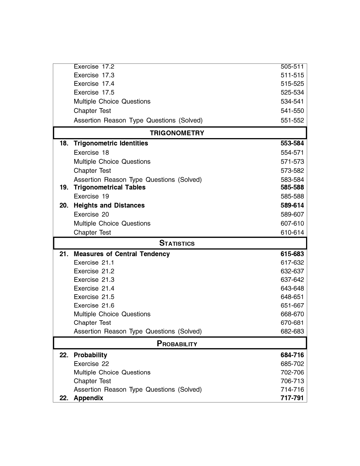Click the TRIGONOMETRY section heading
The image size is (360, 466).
[x=177, y=133]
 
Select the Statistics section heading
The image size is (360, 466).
[x=177, y=243]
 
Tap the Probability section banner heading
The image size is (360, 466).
[x=177, y=344]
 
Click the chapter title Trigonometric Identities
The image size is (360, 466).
[x=111, y=143]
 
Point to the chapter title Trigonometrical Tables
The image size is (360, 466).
[x=110, y=187]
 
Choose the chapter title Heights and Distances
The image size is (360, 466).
[x=109, y=205]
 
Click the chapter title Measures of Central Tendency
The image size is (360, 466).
[x=122, y=254]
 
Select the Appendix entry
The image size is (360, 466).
[x=88, y=398]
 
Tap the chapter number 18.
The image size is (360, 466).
[x=64, y=143]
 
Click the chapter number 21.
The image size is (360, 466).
[x=64, y=254]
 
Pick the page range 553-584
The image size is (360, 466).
[x=292, y=143]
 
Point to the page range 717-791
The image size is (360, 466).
[x=292, y=398]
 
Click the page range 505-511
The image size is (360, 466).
[x=292, y=67]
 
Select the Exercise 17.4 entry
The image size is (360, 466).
[x=94, y=84]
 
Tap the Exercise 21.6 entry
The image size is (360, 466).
[x=94, y=305]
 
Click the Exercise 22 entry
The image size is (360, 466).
[x=91, y=364]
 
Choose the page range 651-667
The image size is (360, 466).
[x=292, y=305]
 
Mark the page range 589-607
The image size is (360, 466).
[x=292, y=214]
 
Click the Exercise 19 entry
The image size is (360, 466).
[x=91, y=196]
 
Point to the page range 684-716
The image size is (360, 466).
[x=292, y=355]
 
